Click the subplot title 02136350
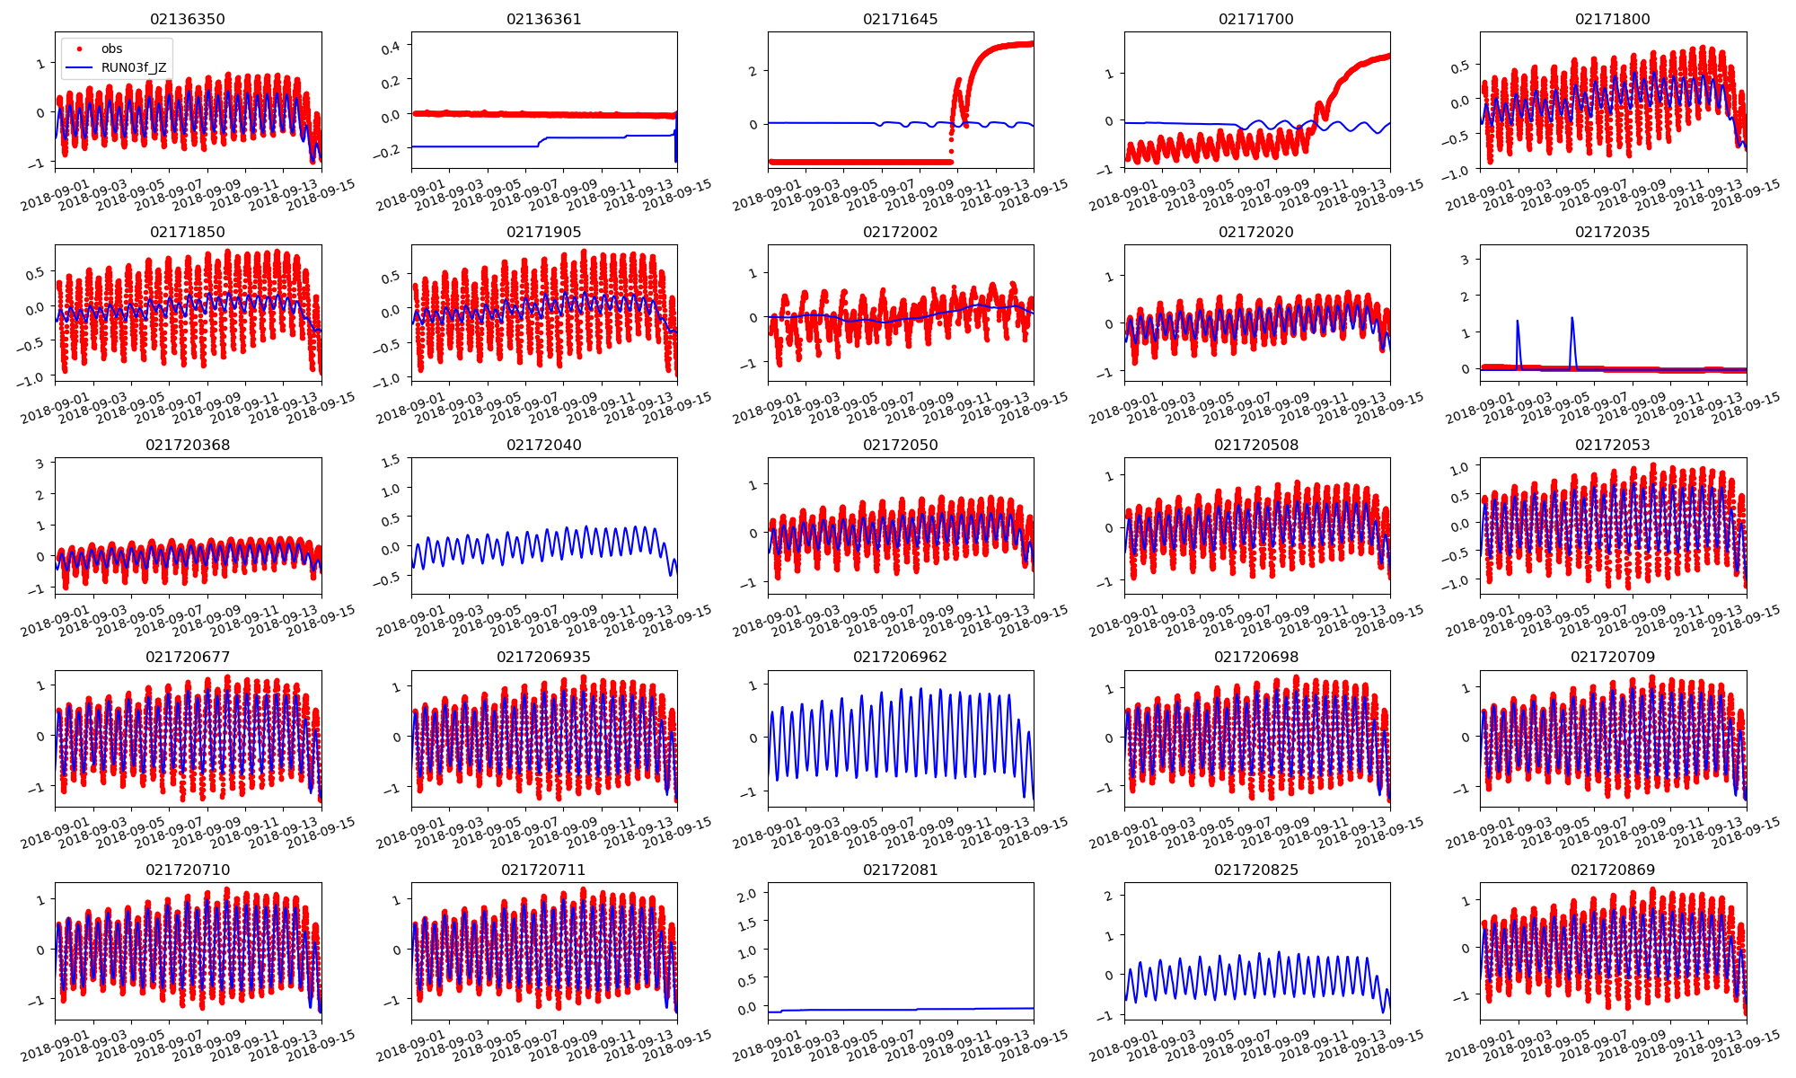pyautogui.click(x=188, y=19)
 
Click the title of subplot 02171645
pyautogui.click(x=900, y=19)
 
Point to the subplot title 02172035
pyautogui.click(x=1612, y=232)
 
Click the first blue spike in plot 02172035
pyautogui.click(x=1518, y=322)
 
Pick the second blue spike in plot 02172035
pyautogui.click(x=1571, y=318)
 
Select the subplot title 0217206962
pyautogui.click(x=900, y=657)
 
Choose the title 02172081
pyautogui.click(x=900, y=870)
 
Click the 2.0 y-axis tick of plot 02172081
pyautogui.click(x=747, y=893)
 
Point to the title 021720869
pyautogui.click(x=1612, y=870)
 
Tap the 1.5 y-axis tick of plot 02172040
pyautogui.click(x=390, y=461)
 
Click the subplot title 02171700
pyautogui.click(x=1256, y=19)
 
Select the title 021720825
pyautogui.click(x=1256, y=870)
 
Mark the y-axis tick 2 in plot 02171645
pyautogui.click(x=753, y=71)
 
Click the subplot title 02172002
pyautogui.click(x=900, y=232)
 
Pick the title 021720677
pyautogui.click(x=188, y=657)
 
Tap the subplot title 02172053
pyautogui.click(x=1612, y=445)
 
